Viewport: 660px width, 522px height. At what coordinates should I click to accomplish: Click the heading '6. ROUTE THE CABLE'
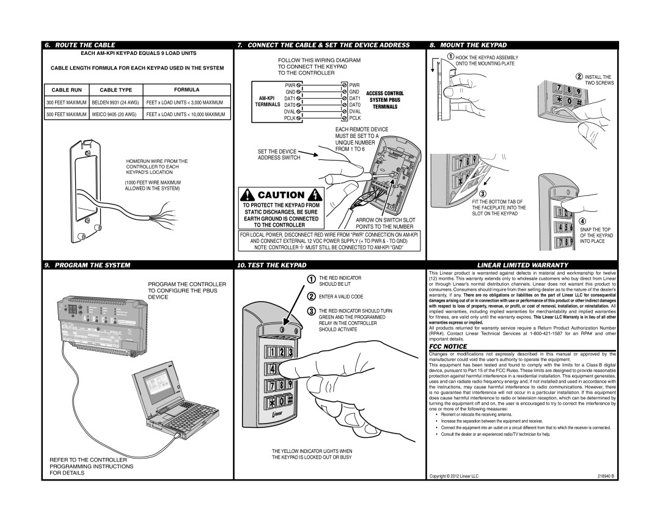pyautogui.click(x=79, y=45)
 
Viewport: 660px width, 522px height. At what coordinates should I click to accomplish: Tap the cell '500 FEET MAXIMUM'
pyautogui.click(x=67, y=114)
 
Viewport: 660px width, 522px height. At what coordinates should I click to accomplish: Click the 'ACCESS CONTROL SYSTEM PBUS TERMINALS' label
pyautogui.click(x=385, y=100)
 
